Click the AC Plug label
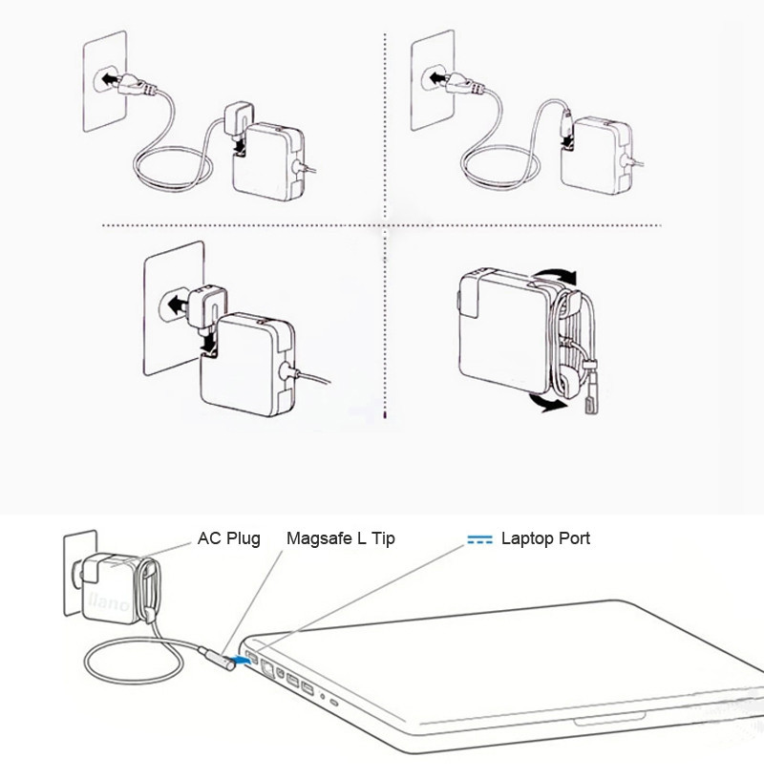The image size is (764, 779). [x=228, y=538]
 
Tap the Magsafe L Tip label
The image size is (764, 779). [x=340, y=538]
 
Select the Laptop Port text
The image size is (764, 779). [x=545, y=538]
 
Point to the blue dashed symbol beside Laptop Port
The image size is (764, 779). [x=479, y=539]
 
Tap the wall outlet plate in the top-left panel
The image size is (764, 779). [x=102, y=81]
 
